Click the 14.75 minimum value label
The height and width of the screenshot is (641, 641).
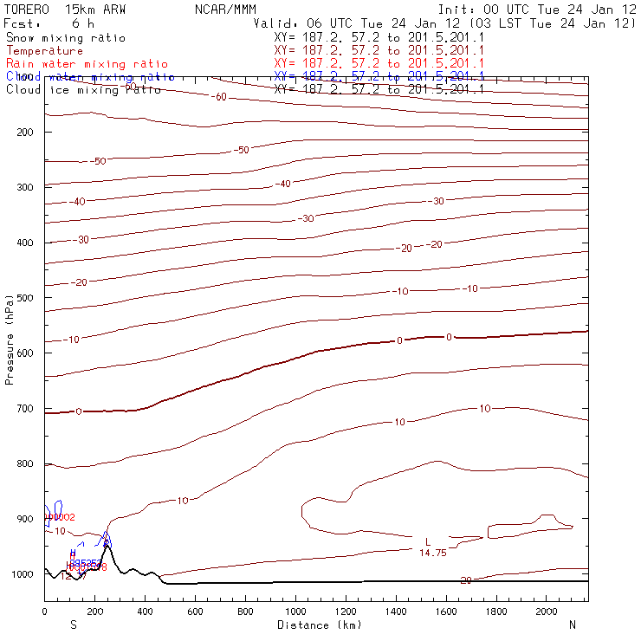[x=433, y=553]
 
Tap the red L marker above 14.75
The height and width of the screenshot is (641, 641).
[x=428, y=542]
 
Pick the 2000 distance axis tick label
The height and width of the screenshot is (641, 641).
[x=547, y=612]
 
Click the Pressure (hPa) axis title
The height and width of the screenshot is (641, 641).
[x=10, y=337]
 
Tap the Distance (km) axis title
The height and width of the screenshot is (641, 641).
[x=319, y=625]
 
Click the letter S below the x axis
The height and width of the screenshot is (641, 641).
[x=73, y=625]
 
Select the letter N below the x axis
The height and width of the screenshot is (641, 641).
[x=573, y=625]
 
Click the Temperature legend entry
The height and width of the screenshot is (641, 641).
[x=44, y=51]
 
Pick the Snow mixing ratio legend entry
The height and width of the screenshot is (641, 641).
[x=66, y=38]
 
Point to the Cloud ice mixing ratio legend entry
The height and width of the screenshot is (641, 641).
[x=83, y=90]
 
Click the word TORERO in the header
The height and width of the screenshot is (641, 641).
[x=27, y=9]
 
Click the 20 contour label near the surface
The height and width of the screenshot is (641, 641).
[x=466, y=580]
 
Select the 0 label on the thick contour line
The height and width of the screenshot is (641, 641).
[x=449, y=336]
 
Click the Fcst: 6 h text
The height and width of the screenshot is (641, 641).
[x=49, y=23]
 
